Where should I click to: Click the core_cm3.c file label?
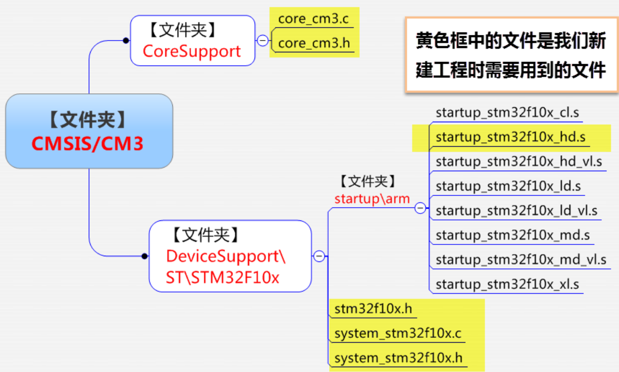[x=313, y=20]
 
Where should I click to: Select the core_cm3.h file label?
[x=314, y=43]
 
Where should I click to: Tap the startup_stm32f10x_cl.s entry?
[x=507, y=113]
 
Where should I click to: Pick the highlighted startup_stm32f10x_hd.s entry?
[x=511, y=137]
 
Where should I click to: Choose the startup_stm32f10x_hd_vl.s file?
[x=519, y=161]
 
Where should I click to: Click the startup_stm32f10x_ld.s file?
[x=508, y=186]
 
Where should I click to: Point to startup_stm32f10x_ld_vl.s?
[x=516, y=210]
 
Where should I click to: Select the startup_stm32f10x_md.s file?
[x=512, y=235]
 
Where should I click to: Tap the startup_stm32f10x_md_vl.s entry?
[x=521, y=259]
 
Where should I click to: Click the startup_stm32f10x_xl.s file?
[x=507, y=284]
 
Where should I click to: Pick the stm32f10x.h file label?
[x=373, y=309]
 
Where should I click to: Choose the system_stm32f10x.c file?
[x=398, y=334]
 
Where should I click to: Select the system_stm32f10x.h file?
[x=398, y=358]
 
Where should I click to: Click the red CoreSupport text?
[x=192, y=51]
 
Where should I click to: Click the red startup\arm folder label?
[x=372, y=199]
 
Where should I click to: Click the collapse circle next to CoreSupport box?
[x=263, y=41]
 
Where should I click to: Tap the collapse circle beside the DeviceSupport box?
[x=319, y=256]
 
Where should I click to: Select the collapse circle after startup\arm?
[x=420, y=208]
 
